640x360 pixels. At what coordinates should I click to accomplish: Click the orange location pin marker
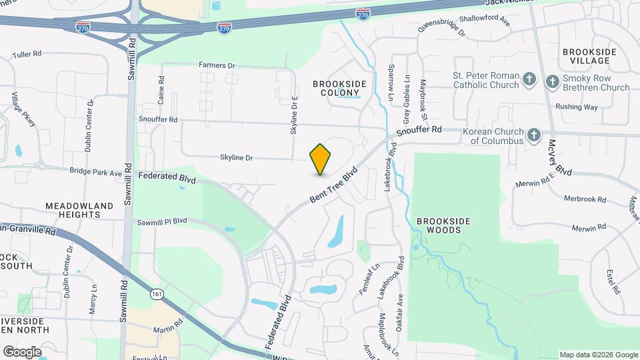[x=321, y=159]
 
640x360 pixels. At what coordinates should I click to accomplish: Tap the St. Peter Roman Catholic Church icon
[x=529, y=80]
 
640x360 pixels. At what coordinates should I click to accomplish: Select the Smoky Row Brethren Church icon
[x=552, y=82]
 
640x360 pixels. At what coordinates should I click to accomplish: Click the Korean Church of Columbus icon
[x=533, y=135]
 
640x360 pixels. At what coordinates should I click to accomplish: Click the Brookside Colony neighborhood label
[x=339, y=87]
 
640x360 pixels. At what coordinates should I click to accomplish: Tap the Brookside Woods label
[x=439, y=225]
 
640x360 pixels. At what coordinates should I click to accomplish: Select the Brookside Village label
[x=586, y=56]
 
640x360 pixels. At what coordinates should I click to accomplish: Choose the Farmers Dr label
[x=217, y=65]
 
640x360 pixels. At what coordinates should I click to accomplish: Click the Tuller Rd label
[x=27, y=53]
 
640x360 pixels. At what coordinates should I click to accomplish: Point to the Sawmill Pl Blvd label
[x=162, y=221]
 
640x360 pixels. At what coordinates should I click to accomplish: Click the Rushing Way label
[x=576, y=107]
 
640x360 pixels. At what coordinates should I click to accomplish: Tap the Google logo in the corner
[x=22, y=351]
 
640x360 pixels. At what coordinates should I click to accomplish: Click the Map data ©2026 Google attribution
[x=598, y=355]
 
